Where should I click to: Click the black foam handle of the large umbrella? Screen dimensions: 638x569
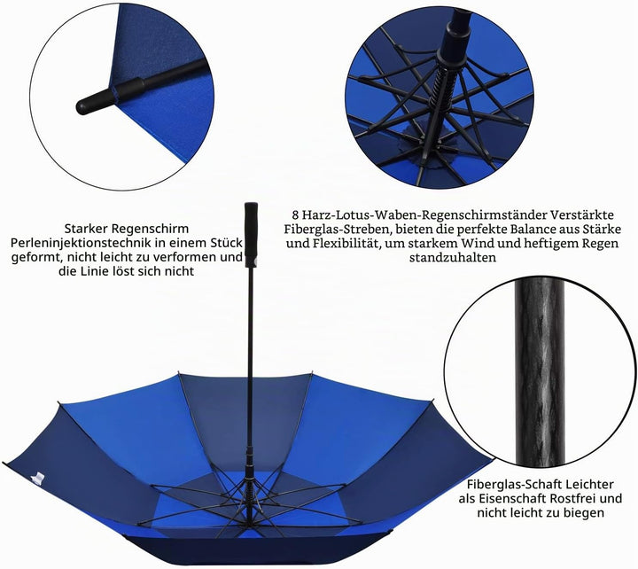tap(251, 235)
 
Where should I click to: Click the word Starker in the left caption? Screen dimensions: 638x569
tap(86, 229)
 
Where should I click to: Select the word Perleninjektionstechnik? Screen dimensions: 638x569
tap(81, 243)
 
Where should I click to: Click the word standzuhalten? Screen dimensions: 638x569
tap(453, 257)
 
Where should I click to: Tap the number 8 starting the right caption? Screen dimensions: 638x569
tap(295, 214)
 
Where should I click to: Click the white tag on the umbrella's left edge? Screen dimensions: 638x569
tap(37, 478)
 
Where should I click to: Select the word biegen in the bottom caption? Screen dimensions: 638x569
tap(584, 512)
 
